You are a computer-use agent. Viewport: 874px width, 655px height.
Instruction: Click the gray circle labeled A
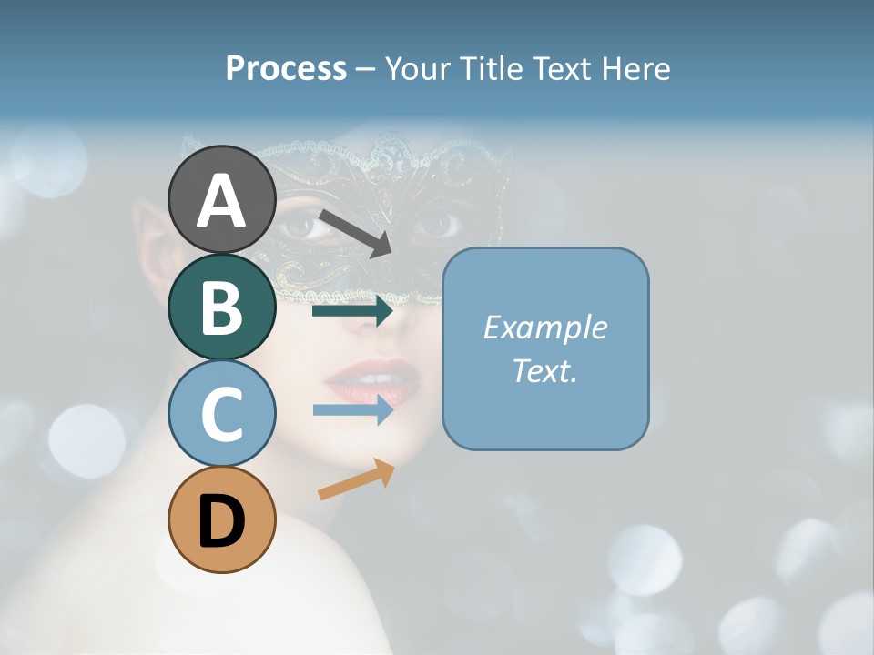(222, 200)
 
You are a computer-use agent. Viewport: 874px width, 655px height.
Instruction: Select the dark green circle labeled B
(222, 307)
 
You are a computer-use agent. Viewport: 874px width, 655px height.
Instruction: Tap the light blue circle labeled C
(222, 414)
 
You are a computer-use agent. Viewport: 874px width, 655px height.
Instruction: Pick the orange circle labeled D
(222, 520)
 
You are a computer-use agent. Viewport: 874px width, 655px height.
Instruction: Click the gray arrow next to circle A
(355, 233)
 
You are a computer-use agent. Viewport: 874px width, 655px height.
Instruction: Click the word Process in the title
(286, 69)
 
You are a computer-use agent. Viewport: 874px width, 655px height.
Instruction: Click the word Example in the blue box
(544, 327)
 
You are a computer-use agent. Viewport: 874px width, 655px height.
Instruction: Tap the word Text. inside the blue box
(544, 371)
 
